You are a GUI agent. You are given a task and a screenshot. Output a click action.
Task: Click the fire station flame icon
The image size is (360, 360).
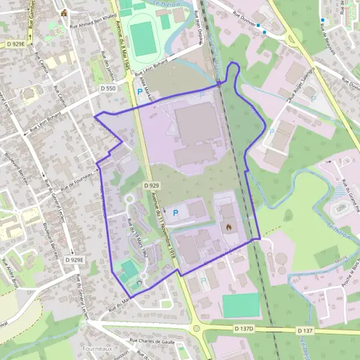click(228, 227)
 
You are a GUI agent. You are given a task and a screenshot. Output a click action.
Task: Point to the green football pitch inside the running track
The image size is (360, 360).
click(143, 38)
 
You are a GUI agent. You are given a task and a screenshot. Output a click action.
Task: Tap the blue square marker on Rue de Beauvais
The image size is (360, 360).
click(322, 20)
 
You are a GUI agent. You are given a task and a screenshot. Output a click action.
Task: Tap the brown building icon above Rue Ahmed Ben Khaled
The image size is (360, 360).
click(63, 12)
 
